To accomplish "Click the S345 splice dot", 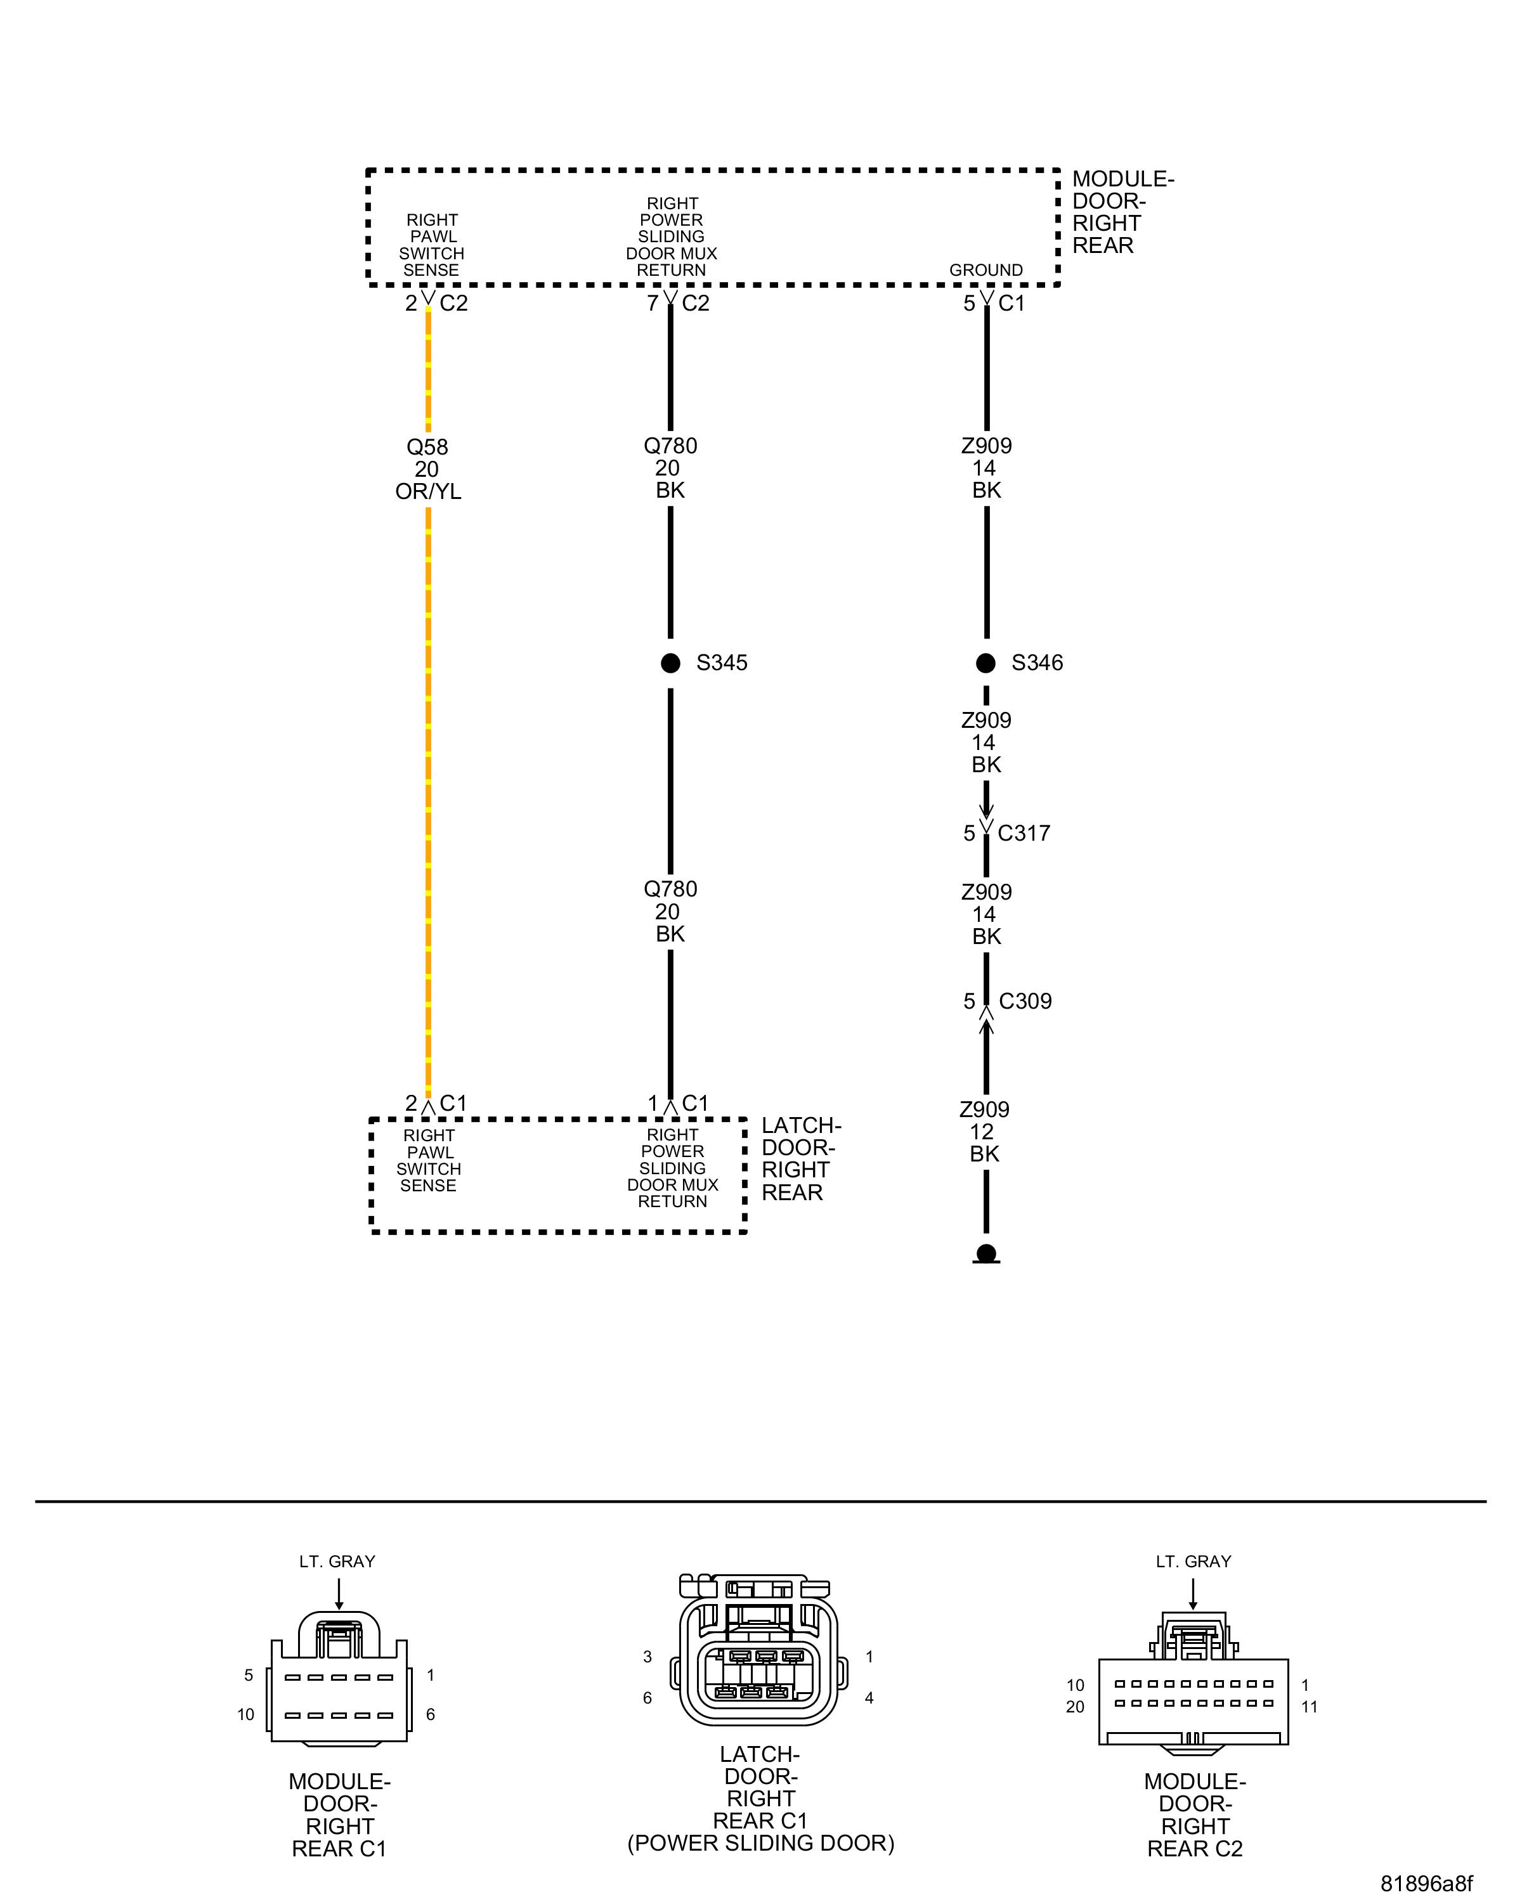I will (670, 663).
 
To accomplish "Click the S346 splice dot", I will (986, 663).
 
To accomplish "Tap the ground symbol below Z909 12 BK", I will (986, 1253).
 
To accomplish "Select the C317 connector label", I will (1024, 833).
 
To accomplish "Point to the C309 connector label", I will (1025, 1001).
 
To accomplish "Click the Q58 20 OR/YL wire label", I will (428, 469).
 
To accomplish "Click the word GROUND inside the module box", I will (985, 270).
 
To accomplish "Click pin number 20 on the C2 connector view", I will (1075, 1707).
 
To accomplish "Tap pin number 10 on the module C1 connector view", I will (245, 1714).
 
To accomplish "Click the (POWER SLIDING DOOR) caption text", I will (760, 1843).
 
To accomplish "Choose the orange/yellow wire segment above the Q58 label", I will (429, 370).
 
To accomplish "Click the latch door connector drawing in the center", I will (759, 1650).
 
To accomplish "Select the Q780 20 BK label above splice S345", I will (670, 469).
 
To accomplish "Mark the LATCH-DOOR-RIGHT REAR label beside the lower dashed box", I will (800, 1158).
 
